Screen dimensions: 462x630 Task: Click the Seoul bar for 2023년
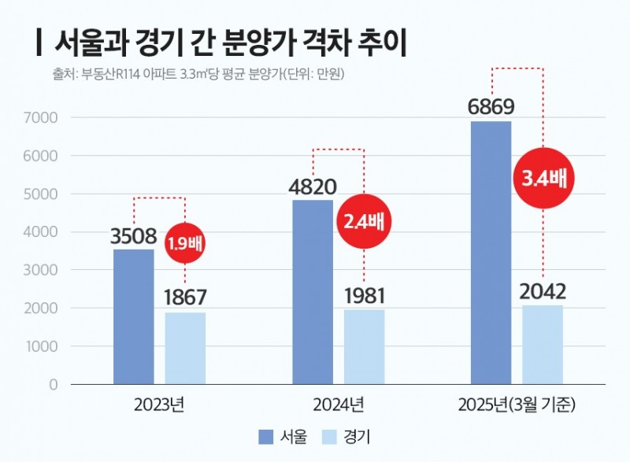(x=134, y=316)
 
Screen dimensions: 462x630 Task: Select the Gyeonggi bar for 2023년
(x=185, y=348)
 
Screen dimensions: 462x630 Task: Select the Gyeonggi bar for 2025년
(x=543, y=345)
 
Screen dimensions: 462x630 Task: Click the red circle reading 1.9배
(x=185, y=242)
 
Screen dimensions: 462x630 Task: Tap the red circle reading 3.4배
(x=543, y=178)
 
